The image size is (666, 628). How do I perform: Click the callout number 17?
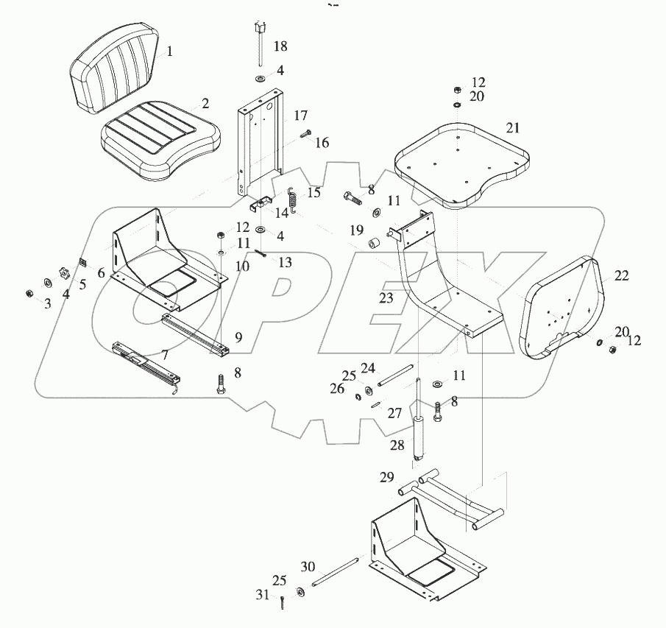click(300, 116)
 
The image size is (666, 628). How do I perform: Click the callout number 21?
click(512, 127)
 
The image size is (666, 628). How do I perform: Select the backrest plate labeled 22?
click(565, 304)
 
